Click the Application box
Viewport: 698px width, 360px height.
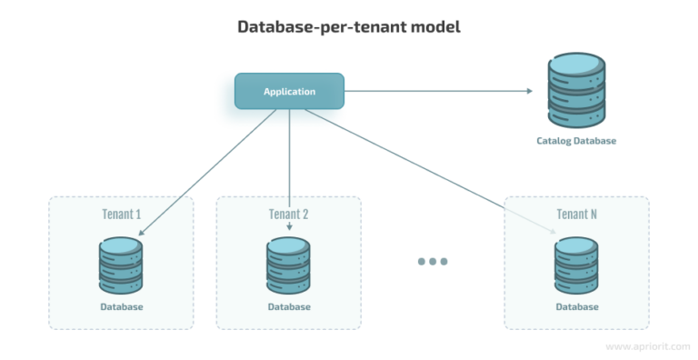click(289, 91)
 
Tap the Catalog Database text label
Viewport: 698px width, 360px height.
click(576, 142)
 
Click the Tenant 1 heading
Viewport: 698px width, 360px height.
click(122, 215)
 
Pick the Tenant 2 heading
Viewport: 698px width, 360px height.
click(289, 215)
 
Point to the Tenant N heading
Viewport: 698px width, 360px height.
click(576, 215)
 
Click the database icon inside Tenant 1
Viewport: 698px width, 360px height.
click(122, 265)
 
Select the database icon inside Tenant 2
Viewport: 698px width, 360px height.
click(289, 265)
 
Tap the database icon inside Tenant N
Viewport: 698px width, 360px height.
click(576, 265)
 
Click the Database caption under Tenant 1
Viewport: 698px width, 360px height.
click(122, 307)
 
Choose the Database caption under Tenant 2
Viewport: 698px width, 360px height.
click(289, 307)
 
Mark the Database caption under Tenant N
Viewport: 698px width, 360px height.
click(576, 307)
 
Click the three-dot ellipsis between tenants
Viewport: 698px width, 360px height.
click(433, 262)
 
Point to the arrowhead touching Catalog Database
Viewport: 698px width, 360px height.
click(530, 91)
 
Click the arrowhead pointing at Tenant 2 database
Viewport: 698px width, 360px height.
click(289, 228)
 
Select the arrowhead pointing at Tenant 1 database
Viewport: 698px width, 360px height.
click(139, 232)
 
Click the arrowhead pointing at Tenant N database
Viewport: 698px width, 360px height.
click(553, 233)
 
